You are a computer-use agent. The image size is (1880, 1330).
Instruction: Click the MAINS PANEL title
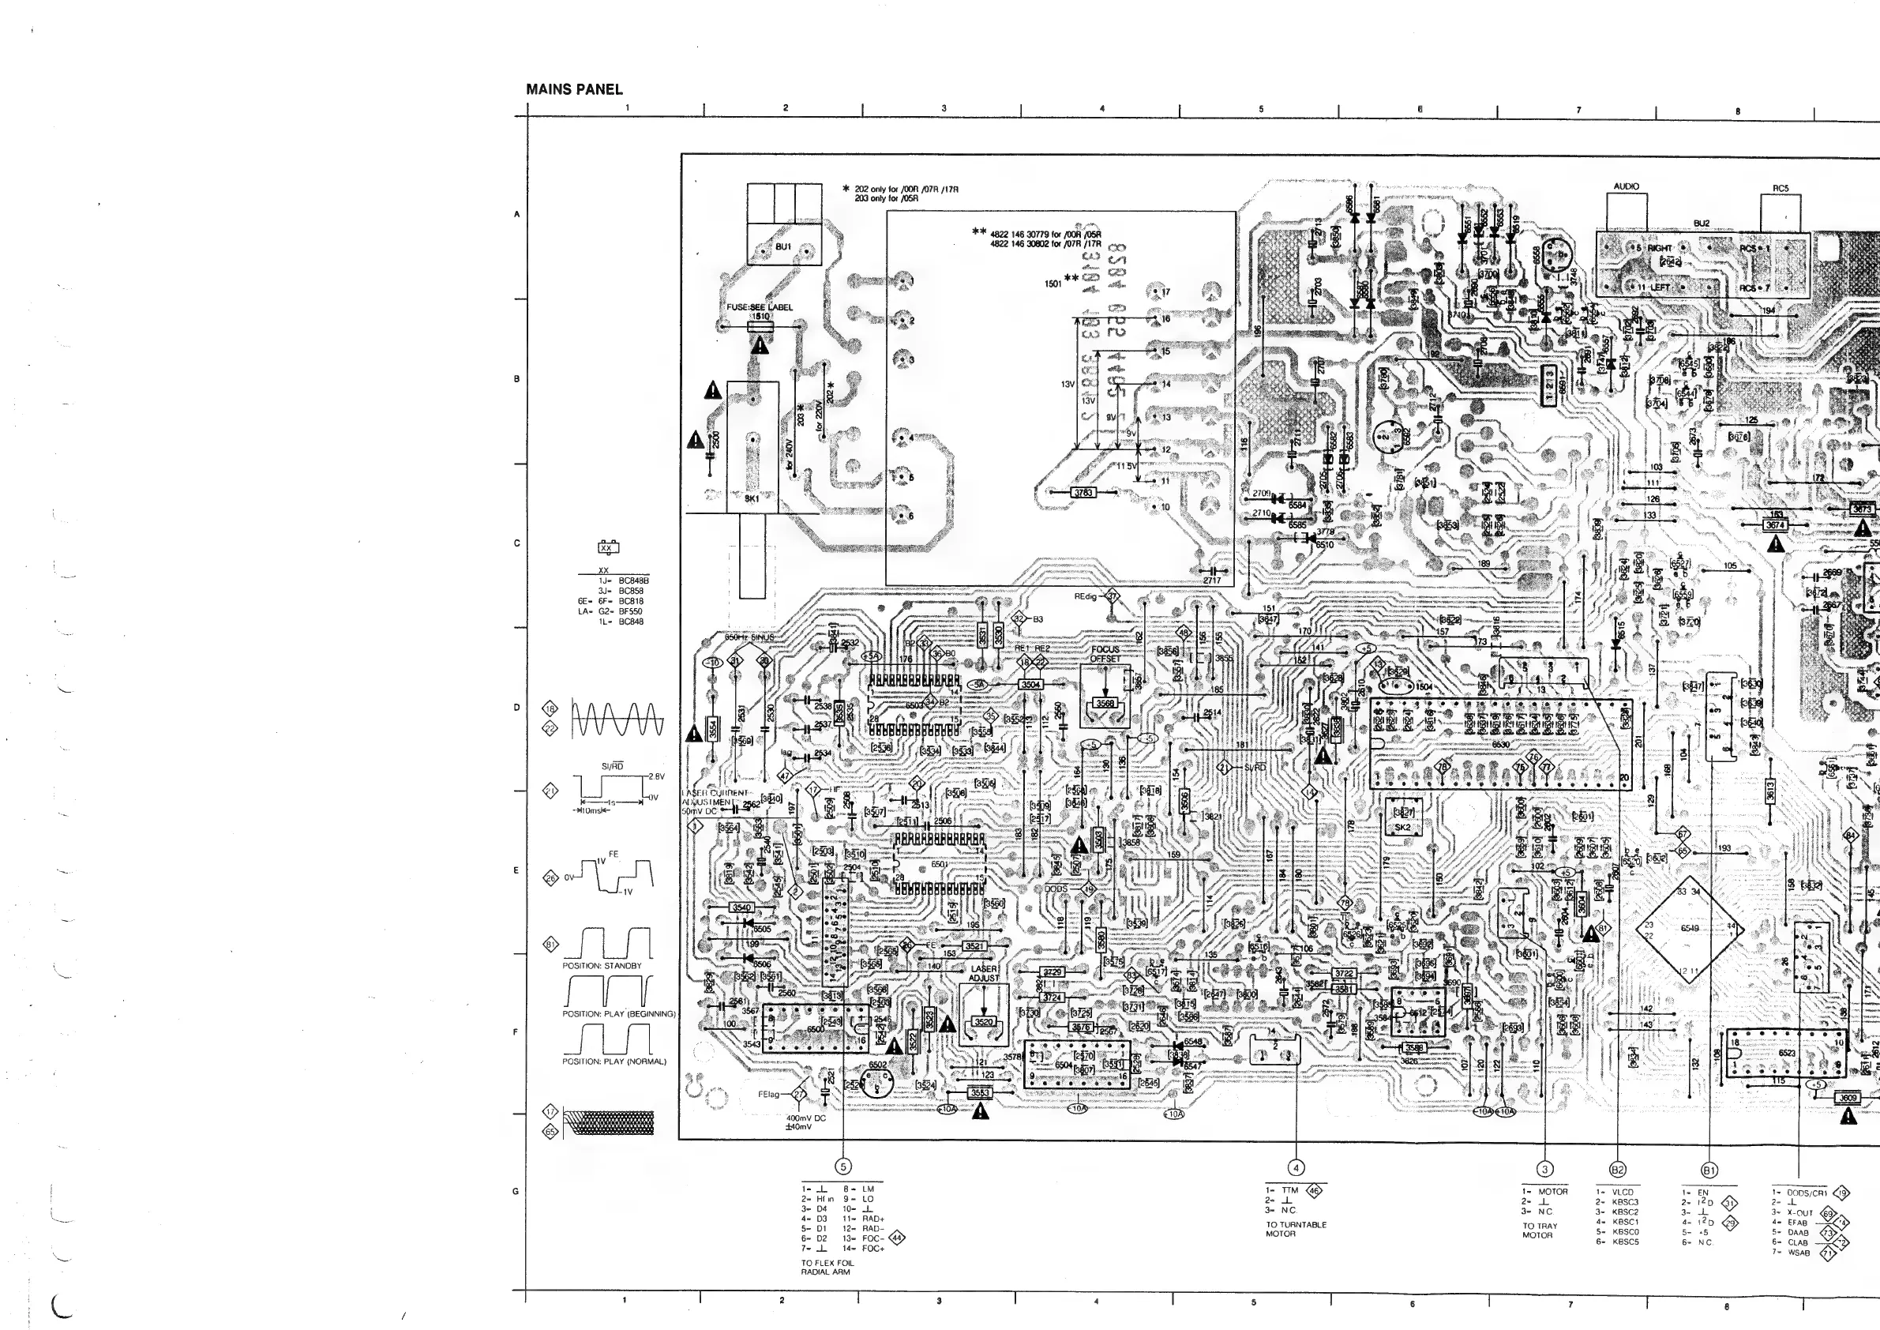574,89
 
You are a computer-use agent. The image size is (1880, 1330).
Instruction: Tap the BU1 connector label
782,246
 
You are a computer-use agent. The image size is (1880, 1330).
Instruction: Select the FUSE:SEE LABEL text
759,307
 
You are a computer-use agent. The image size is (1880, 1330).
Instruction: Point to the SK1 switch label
752,498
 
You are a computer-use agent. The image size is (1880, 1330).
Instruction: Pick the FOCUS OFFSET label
1105,653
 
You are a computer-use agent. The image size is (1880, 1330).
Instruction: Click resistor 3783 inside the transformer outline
1083,492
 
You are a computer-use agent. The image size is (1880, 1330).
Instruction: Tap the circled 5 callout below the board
842,1167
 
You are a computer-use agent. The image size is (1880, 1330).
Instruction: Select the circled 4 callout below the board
1296,1168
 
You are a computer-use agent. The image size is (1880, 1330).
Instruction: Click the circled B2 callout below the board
1617,1170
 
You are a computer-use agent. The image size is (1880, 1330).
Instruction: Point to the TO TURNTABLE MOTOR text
1296,1229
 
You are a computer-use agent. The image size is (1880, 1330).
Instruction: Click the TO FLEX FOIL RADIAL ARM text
827,1268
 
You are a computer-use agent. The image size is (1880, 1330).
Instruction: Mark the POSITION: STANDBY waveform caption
602,966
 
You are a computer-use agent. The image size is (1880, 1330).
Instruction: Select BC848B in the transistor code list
634,580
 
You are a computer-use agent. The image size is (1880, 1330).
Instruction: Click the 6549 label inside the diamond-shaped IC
1689,928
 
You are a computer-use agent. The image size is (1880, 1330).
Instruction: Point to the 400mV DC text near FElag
805,1118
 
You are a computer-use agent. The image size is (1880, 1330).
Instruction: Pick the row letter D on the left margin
516,707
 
